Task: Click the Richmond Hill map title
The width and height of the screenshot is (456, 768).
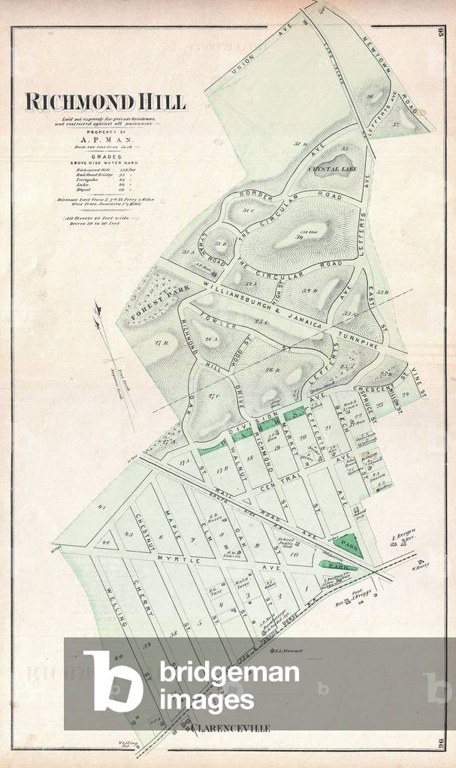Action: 104,102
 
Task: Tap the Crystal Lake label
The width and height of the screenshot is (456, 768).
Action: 331,170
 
